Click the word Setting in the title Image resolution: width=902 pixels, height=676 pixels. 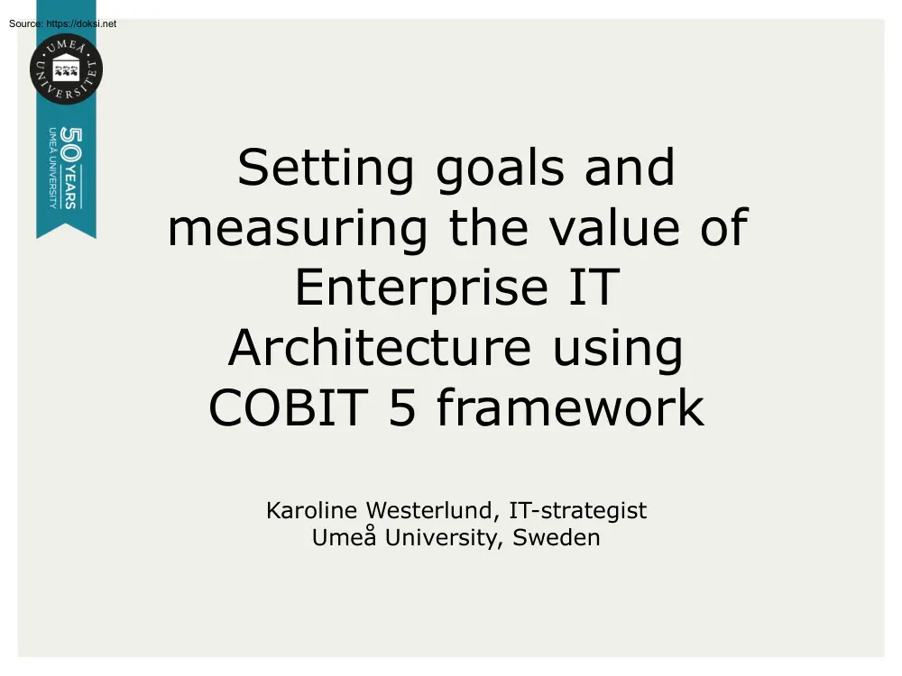(x=326, y=169)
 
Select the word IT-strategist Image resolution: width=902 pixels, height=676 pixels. (x=578, y=511)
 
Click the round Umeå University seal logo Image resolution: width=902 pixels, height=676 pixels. (x=66, y=69)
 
